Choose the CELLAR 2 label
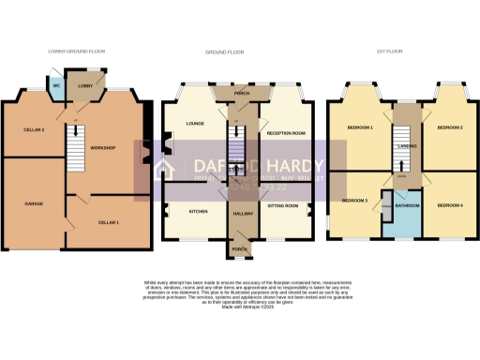click(x=21, y=128)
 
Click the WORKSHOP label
click(x=102, y=149)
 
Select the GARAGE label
click(x=34, y=203)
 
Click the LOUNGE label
click(x=196, y=123)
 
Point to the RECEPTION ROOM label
click(x=288, y=133)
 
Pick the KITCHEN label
click(x=198, y=212)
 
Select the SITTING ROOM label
click(x=284, y=204)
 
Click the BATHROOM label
click(x=406, y=204)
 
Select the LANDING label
click(x=405, y=145)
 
